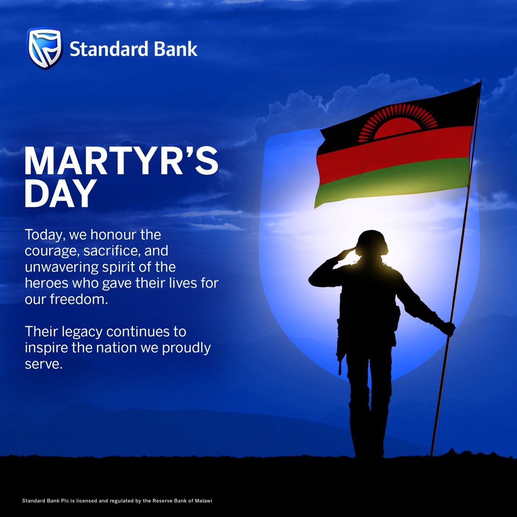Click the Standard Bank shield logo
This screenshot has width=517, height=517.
click(45, 49)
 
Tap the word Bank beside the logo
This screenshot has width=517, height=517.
click(177, 50)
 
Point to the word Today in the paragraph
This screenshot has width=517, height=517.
click(42, 235)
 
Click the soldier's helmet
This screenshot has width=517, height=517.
click(373, 240)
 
